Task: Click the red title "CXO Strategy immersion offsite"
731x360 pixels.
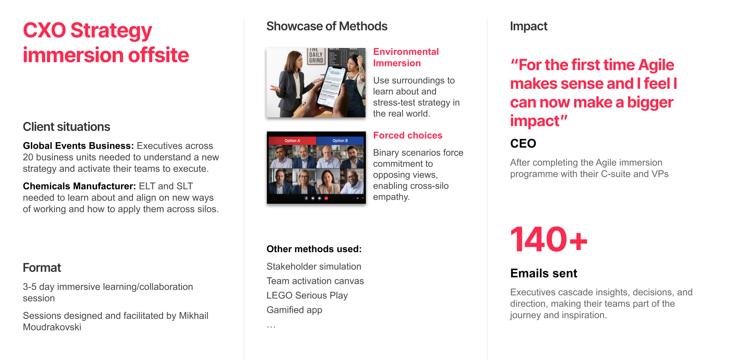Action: point(106,43)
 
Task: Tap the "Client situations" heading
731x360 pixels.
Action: point(66,127)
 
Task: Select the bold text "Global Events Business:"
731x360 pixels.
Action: point(78,146)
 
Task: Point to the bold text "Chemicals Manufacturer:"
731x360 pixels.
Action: point(79,186)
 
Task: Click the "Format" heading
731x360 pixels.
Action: point(42,268)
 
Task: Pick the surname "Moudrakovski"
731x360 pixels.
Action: point(52,327)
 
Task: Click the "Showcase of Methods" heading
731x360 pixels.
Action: point(327,26)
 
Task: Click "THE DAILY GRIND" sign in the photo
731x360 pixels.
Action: point(316,56)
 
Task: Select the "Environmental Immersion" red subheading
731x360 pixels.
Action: point(406,58)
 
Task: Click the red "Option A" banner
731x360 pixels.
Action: point(292,141)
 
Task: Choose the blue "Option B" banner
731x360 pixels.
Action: point(340,141)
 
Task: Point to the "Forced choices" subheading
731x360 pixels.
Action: point(407,136)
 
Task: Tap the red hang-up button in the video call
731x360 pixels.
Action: point(326,198)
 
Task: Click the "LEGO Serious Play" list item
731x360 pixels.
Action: point(307,296)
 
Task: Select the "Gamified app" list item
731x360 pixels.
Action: point(294,310)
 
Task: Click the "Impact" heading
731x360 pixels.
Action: point(528,26)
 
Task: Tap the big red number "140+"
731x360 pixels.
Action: point(549,240)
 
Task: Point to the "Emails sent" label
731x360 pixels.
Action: point(544,274)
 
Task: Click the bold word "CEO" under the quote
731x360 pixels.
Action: point(523,144)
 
